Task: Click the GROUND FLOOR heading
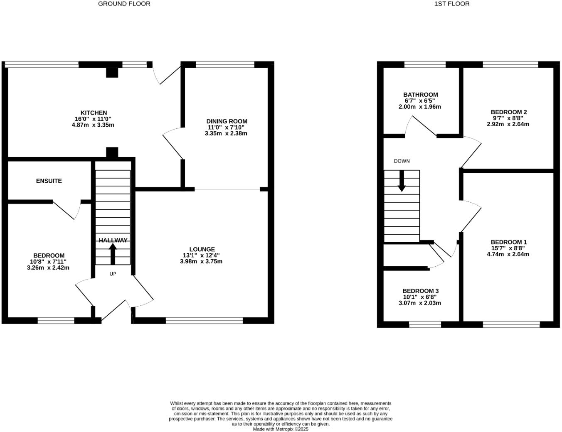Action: coord(124,4)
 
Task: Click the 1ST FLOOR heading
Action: coord(451,4)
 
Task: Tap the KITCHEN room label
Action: coord(94,113)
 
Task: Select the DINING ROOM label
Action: coord(227,121)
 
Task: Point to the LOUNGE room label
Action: coord(202,249)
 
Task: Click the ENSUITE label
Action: coord(49,181)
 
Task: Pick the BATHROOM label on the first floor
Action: coord(420,95)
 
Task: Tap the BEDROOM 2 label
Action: coord(508,112)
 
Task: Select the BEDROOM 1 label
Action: coord(508,242)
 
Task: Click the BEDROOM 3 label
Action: coord(420,291)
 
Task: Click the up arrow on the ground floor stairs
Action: coord(113,254)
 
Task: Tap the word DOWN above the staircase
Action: coord(402,161)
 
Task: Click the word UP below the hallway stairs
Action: coord(113,274)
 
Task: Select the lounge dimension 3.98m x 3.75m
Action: coord(201,262)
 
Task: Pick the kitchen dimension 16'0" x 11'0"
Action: coord(93,119)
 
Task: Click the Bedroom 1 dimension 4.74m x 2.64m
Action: coord(508,254)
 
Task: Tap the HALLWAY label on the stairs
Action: coord(113,241)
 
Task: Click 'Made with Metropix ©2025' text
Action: coord(281,430)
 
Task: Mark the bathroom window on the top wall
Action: coord(425,64)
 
